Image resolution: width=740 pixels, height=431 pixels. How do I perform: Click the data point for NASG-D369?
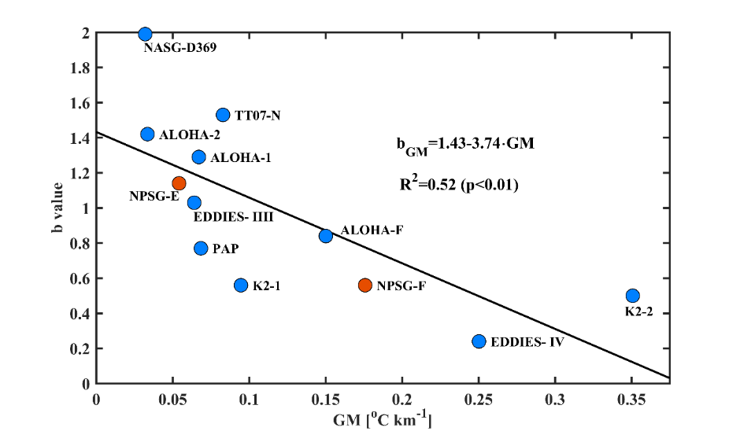(145, 34)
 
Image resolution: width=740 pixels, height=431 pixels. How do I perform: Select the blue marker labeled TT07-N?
(223, 115)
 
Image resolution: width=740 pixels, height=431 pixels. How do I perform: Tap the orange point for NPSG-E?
(179, 183)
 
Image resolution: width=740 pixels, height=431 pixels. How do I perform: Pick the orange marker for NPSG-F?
(364, 285)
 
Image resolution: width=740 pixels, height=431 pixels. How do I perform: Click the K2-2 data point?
(632, 295)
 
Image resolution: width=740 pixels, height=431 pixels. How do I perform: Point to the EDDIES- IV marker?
(479, 341)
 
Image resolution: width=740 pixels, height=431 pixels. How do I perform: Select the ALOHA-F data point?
(326, 235)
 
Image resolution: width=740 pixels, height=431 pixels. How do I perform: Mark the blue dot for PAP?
(201, 248)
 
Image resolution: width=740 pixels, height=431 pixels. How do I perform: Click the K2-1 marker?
(241, 285)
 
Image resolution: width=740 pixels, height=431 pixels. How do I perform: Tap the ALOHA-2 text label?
(189, 134)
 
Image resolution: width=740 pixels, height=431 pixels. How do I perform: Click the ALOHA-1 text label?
(241, 157)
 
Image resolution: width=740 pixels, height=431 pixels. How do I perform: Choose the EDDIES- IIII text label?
(233, 215)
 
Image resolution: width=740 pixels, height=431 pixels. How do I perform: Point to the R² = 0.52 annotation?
(459, 186)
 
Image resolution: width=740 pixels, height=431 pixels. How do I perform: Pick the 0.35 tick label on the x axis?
(632, 400)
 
